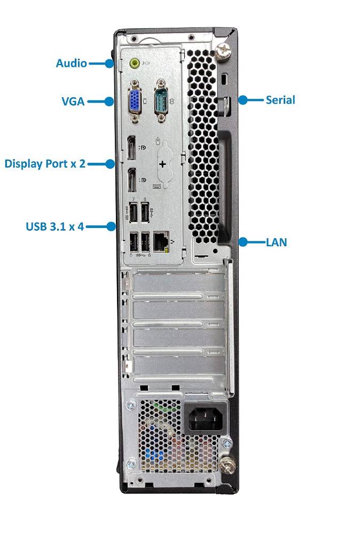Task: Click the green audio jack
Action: [135, 62]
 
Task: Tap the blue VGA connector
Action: [135, 101]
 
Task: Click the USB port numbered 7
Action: [133, 213]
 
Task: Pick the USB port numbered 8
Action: [145, 213]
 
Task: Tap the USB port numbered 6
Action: [145, 241]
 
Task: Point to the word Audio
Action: [71, 64]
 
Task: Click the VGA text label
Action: [73, 101]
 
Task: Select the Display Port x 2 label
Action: [45, 164]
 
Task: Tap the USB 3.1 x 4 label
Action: [55, 226]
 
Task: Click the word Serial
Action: [280, 100]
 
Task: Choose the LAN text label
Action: [276, 242]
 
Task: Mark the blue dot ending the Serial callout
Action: [242, 100]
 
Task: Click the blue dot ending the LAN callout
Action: [242, 242]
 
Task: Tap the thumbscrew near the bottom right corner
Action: [228, 464]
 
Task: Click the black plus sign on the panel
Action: [163, 164]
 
